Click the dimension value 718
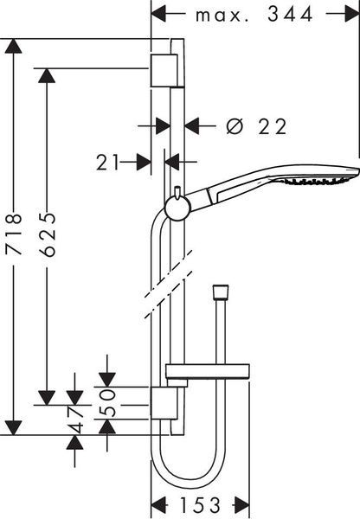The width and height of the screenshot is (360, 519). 14,234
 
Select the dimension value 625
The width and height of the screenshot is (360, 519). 47,234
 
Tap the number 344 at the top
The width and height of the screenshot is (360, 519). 290,14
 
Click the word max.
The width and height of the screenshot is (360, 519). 222,16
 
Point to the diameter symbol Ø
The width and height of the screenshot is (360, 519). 235,126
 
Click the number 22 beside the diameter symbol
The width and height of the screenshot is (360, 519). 272,126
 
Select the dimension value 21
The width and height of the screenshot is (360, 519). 107,163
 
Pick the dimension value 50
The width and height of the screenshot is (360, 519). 107,403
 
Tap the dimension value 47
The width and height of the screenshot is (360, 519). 75,420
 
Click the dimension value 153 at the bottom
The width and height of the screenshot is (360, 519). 199,505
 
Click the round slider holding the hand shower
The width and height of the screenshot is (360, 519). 177,208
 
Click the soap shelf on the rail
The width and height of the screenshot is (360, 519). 208,371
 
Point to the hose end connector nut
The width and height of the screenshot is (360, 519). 221,292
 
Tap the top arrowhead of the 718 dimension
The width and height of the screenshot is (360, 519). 14,46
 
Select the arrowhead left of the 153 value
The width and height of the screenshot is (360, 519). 158,505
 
